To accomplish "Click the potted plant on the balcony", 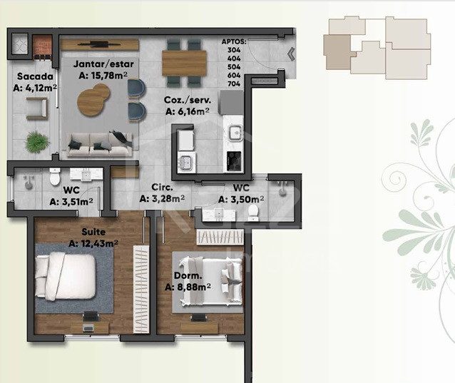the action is click(36, 142).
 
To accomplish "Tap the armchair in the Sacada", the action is click(37, 109).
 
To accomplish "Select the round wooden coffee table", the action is click(93, 100).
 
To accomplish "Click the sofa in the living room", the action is click(100, 145).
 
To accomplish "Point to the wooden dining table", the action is click(184, 63).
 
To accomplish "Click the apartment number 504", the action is click(234, 67).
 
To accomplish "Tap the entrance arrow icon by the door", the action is click(291, 54).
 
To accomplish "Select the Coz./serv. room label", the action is click(188, 100).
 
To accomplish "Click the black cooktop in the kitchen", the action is click(234, 161).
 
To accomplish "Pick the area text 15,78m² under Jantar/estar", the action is click(103, 76).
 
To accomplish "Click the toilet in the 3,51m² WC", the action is click(54, 176).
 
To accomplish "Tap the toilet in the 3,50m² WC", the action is click(253, 212).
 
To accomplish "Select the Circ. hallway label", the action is click(162, 187).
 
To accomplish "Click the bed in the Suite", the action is click(66, 276).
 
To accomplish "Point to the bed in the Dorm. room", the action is click(210, 282).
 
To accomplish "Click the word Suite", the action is click(93, 232).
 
